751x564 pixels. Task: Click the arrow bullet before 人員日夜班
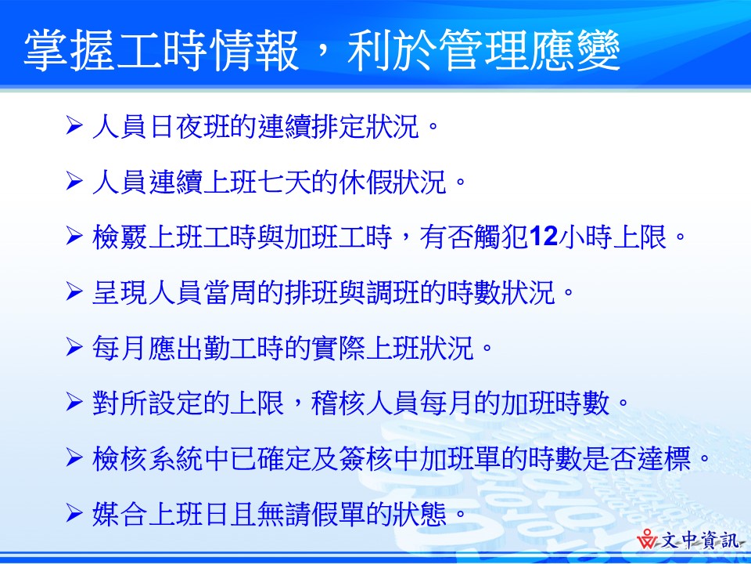[74, 125]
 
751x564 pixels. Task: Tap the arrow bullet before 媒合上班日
[74, 515]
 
